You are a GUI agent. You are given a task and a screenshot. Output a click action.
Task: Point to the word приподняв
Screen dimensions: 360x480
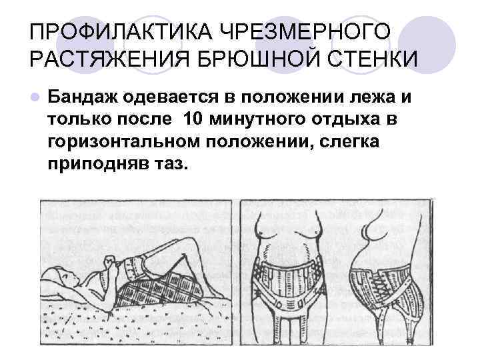click(x=90, y=164)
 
